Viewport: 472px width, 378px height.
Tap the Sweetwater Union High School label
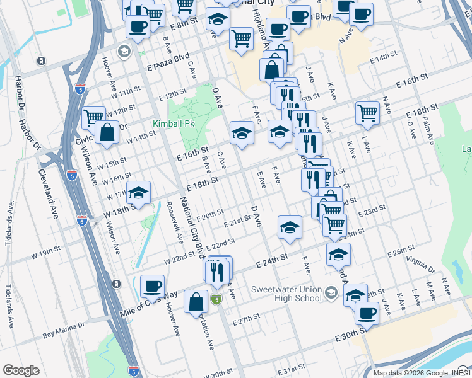coord(286,294)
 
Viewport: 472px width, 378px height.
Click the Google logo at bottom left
coord(21,370)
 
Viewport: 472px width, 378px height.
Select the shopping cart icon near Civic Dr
coord(93,116)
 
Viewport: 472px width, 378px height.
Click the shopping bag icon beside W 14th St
coord(107,133)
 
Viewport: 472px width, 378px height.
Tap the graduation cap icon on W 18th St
coord(139,192)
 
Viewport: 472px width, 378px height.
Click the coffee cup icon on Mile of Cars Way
coord(152,286)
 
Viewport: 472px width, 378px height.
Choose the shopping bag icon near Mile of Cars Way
coord(196,302)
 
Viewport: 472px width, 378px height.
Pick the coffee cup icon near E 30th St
coord(366,312)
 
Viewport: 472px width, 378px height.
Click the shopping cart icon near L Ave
coord(367,113)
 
